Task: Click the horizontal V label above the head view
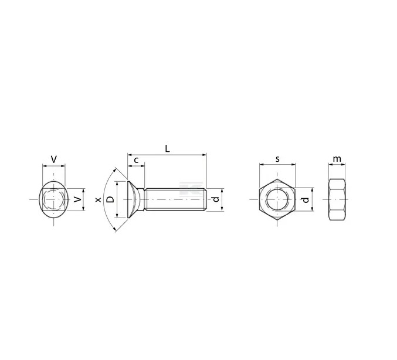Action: coord(54,159)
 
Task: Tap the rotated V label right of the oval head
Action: coord(77,199)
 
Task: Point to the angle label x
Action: coord(98,199)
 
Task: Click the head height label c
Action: coord(136,160)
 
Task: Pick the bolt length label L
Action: coord(167,149)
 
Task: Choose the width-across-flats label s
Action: coord(277,159)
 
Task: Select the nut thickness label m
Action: coord(337,159)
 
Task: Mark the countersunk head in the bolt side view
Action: coord(135,199)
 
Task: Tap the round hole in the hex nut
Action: coord(277,199)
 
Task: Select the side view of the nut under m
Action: coord(337,199)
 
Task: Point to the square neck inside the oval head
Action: coord(53,200)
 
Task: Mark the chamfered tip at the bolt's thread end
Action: coord(205,199)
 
